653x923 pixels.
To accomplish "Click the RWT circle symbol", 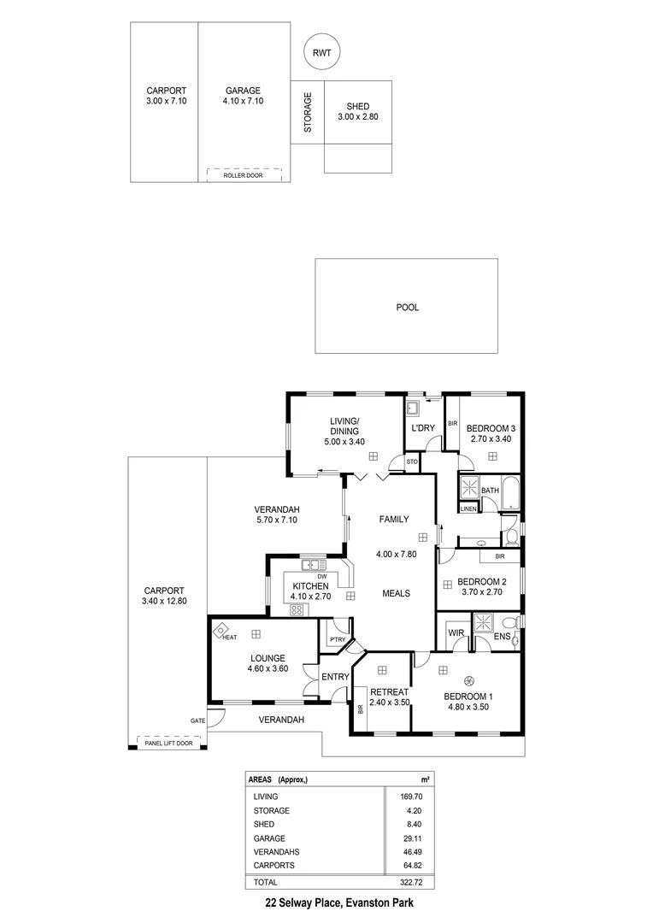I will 322,53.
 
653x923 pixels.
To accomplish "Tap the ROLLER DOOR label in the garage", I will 243,174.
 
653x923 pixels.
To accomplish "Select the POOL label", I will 407,307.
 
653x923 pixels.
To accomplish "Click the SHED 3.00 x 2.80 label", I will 358,111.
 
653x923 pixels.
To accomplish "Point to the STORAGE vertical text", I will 308,113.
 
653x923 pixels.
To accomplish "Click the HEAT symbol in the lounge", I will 221,631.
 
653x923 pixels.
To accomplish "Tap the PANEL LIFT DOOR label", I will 168,743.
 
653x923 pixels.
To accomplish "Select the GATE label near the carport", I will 197,720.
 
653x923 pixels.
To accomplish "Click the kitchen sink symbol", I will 312,564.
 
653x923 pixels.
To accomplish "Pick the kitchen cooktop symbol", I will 298,609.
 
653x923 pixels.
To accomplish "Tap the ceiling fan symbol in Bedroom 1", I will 468,680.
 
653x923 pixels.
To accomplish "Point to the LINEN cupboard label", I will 468,509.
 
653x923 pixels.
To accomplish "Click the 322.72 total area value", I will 414,881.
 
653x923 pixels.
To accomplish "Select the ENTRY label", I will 335,677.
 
